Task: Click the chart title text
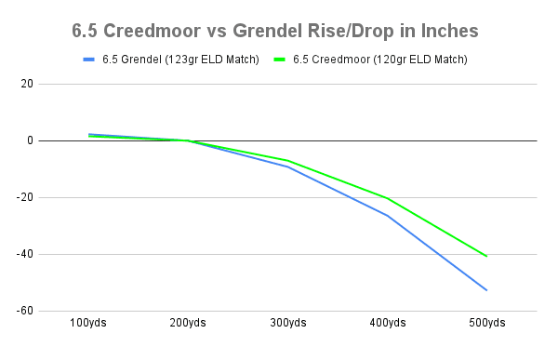[275, 31]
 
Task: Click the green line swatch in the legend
[281, 60]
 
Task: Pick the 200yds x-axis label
[189, 323]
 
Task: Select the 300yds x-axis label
[288, 323]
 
